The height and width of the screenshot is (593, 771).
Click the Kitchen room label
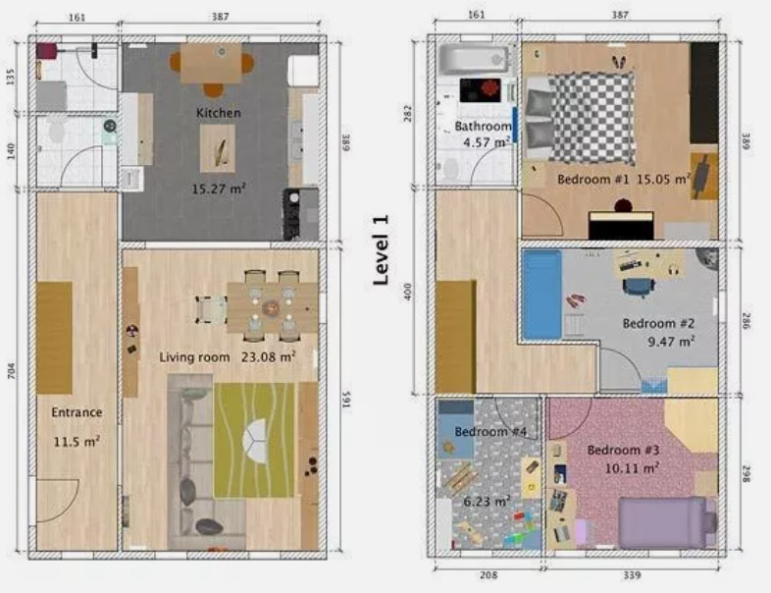tap(218, 113)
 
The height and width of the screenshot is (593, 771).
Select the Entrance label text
tap(77, 412)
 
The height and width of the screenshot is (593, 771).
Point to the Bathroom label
tap(483, 127)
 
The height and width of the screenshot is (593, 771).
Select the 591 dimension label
tap(345, 402)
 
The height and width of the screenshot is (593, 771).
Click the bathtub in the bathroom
tap(474, 58)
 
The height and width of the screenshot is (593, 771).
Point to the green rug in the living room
tap(254, 440)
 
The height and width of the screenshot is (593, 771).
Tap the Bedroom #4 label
tap(491, 431)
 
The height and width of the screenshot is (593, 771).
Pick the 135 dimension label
tap(12, 78)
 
